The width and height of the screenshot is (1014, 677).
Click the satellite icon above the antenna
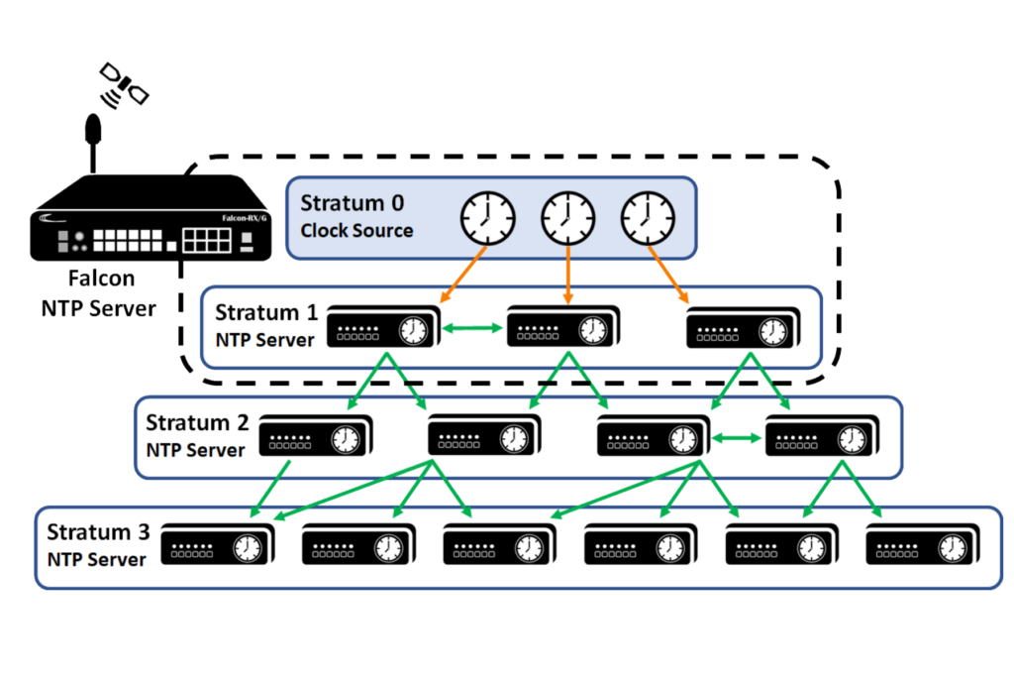(x=123, y=84)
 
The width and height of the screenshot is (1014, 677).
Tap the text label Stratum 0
(x=353, y=203)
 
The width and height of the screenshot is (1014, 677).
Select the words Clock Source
(x=356, y=231)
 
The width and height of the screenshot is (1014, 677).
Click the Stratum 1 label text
(x=266, y=313)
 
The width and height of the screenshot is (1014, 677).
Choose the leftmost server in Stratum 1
(x=379, y=326)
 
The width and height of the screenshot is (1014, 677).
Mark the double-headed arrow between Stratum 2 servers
(x=737, y=437)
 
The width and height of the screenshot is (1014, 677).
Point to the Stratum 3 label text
(x=98, y=532)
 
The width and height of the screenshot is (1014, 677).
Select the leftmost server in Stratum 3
(x=212, y=545)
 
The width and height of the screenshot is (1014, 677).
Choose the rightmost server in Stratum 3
(x=917, y=545)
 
